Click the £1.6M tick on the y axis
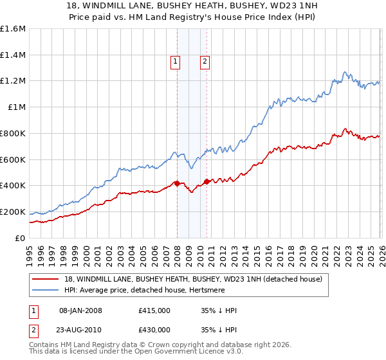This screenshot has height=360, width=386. coord(13,29)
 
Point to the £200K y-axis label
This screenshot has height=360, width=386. coord(13,212)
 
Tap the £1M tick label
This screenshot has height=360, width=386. coord(17,107)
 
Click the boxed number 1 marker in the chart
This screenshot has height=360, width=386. coord(175,62)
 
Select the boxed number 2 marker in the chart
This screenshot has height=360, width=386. coord(205,62)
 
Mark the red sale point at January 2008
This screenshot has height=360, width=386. coord(177,183)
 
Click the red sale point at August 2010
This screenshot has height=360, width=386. coord(207,181)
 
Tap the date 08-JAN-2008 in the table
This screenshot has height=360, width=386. coord(80,310)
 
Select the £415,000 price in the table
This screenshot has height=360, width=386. coord(154,310)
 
